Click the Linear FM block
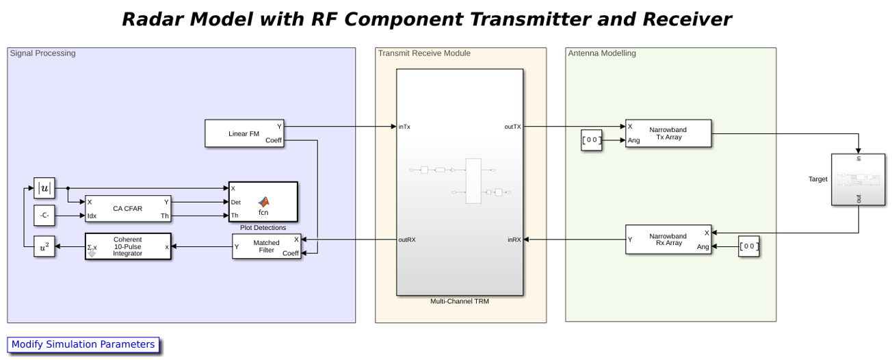(x=244, y=133)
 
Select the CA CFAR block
(x=128, y=209)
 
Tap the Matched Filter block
(x=266, y=246)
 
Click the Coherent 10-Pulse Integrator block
(x=128, y=246)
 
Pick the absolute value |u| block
(x=44, y=188)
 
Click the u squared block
(x=44, y=246)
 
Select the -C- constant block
(x=44, y=216)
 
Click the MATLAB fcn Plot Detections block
(x=263, y=202)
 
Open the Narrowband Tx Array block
(x=668, y=133)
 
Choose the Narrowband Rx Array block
(x=668, y=240)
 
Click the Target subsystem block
(x=858, y=179)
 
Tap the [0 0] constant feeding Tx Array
(x=591, y=140)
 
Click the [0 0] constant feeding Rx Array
(x=748, y=246)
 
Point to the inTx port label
(x=404, y=127)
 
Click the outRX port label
(x=407, y=240)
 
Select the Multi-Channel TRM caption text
(x=460, y=301)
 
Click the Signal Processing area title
(x=42, y=53)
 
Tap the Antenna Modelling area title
(x=602, y=53)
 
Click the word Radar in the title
(x=152, y=19)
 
